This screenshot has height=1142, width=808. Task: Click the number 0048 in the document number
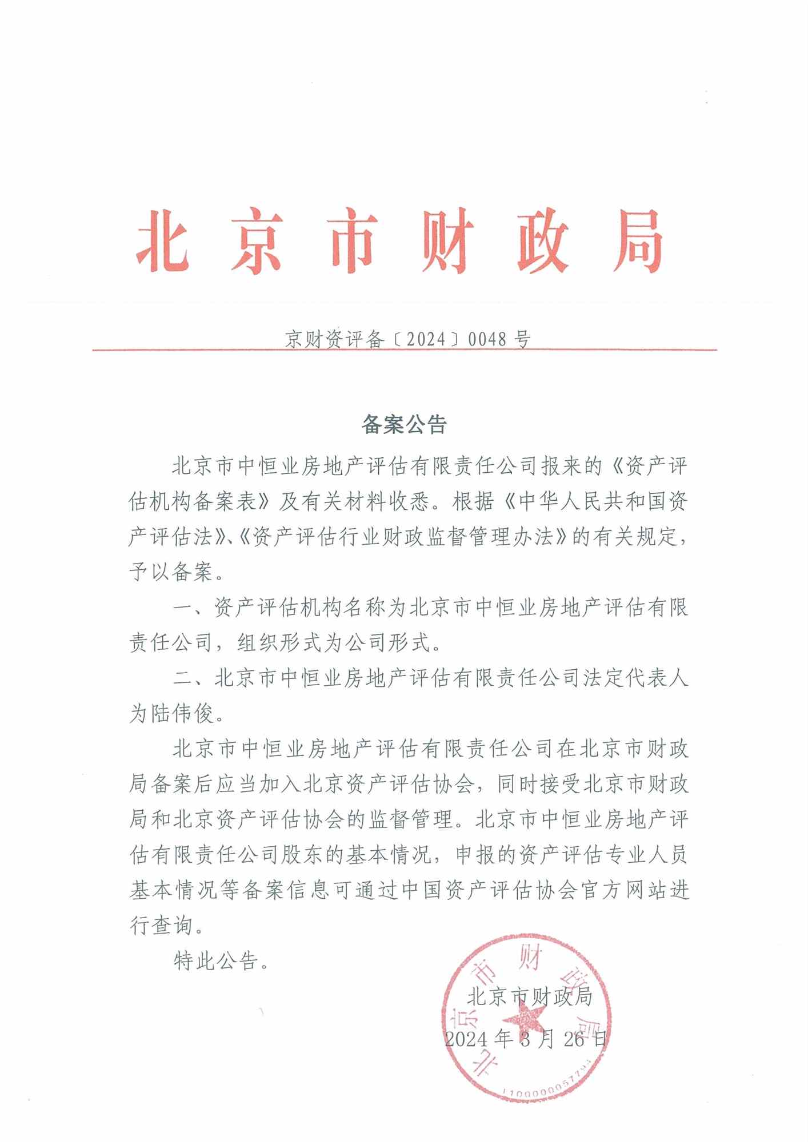tap(487, 339)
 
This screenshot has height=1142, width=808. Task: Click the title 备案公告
tap(404, 425)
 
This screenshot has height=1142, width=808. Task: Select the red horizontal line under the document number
tap(404, 349)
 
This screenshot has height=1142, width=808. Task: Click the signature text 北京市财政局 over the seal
tap(529, 997)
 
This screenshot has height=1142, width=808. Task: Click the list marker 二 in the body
tap(183, 678)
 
